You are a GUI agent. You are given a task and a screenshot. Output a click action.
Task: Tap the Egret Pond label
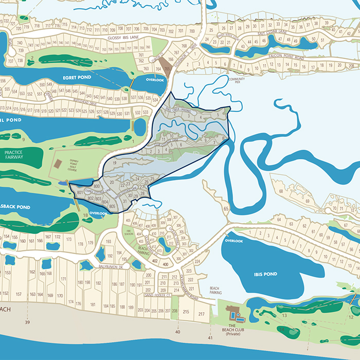point(77,77)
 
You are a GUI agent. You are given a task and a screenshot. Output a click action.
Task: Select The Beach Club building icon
point(232,314)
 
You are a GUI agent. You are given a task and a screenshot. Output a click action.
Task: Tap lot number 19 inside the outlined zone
point(115,163)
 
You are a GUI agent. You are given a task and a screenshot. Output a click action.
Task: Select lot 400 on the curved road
point(165,264)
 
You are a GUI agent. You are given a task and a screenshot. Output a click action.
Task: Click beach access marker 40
point(177,332)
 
